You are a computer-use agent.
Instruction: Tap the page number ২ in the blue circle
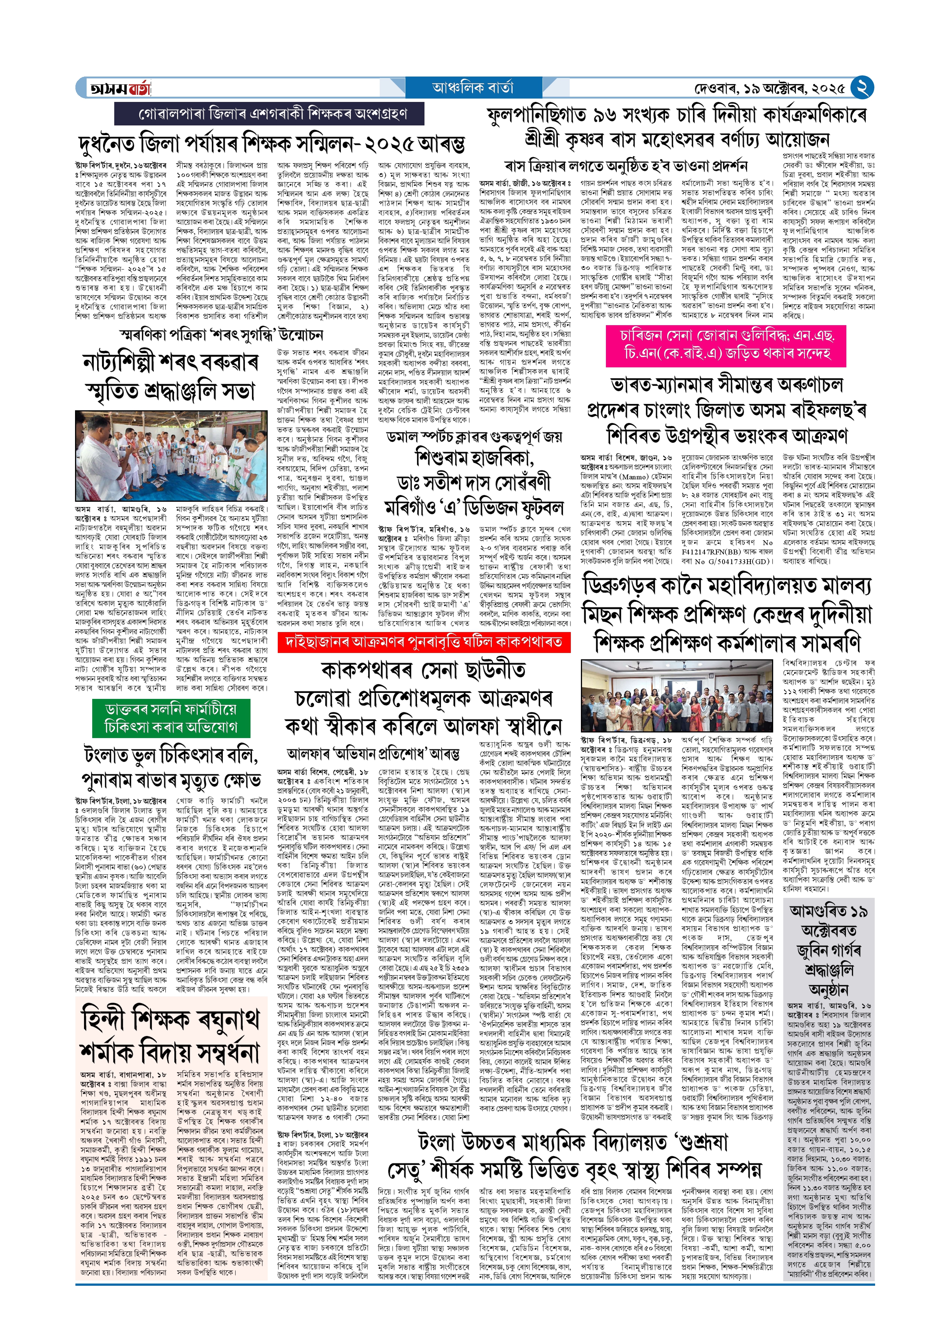pos(862,88)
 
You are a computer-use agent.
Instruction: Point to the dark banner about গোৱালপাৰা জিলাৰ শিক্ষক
pos(269,113)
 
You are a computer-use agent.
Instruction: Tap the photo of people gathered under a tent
pos(171,455)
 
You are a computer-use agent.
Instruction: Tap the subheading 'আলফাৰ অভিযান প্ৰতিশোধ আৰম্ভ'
pos(373,753)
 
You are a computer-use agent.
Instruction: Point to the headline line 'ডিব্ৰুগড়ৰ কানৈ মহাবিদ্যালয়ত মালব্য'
pos(727,586)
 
